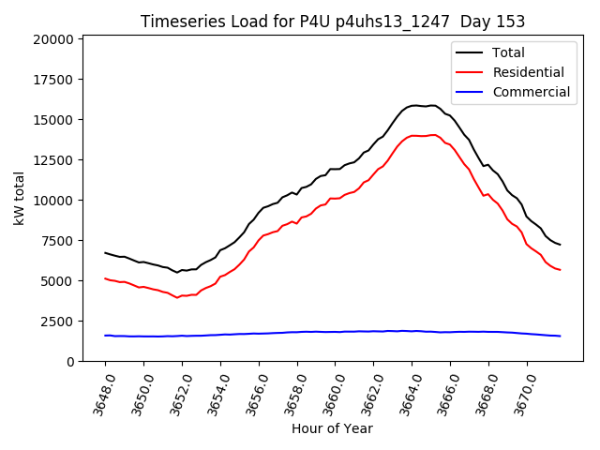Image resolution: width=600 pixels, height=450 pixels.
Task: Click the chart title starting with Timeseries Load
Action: coord(332,22)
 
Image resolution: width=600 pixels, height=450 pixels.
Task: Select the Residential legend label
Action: coord(528,72)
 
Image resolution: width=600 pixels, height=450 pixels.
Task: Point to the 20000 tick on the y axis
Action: coord(52,39)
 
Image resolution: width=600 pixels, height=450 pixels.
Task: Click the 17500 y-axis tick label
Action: coord(52,80)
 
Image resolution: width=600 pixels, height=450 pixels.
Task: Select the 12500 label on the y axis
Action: coord(52,160)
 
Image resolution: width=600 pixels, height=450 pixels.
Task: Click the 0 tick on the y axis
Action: coord(70,362)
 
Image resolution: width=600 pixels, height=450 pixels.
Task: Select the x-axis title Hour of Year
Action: coord(332,429)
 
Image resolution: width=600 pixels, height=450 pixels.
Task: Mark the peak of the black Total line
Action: coord(415,105)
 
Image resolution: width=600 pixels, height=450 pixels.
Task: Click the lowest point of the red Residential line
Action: coord(177,297)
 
